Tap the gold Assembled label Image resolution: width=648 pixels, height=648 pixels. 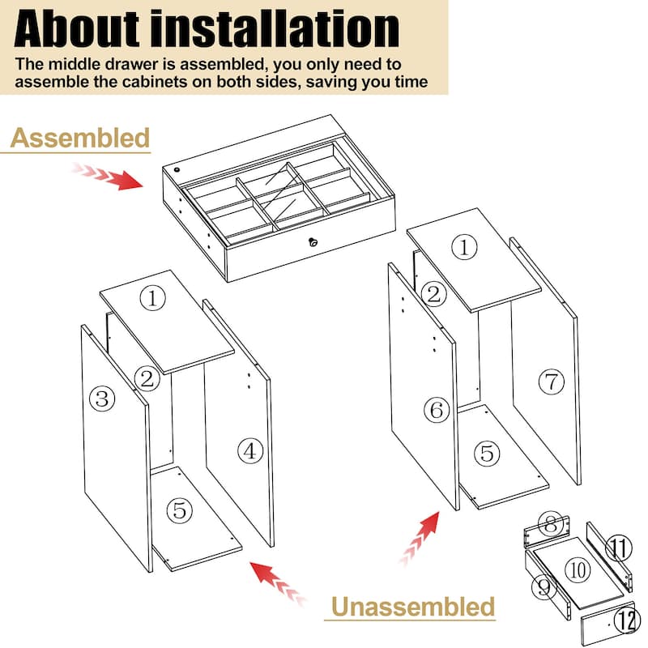80,138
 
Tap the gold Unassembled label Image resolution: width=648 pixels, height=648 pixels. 413,606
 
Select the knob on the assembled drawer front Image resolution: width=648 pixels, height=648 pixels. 312,241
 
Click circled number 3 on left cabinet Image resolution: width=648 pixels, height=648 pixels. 101,398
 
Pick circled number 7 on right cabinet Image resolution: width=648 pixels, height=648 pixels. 552,382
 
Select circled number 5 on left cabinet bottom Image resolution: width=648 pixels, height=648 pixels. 180,510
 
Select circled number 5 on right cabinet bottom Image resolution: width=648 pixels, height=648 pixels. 487,454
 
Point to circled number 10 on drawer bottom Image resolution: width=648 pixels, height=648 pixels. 577,570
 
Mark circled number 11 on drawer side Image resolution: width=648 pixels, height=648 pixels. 619,549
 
